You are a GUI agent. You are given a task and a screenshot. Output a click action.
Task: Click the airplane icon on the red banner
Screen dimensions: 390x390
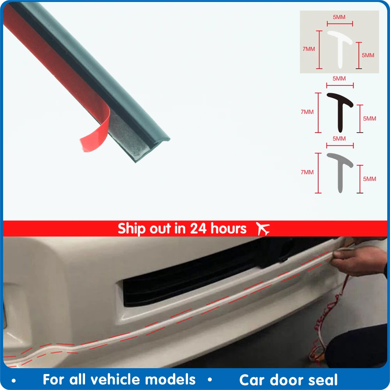coord(263,229)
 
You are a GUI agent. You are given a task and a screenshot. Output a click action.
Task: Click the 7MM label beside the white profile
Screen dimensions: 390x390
coord(309,49)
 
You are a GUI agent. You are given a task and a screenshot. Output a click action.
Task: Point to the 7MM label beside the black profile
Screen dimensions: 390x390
coord(307,112)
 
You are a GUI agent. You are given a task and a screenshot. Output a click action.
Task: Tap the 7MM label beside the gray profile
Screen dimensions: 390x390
coord(307,172)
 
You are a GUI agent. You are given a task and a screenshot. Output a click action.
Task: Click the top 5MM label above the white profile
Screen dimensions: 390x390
coord(339,17)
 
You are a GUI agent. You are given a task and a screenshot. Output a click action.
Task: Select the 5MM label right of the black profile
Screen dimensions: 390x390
coord(370,119)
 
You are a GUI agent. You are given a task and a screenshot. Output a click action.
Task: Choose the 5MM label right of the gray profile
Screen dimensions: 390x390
coord(370,179)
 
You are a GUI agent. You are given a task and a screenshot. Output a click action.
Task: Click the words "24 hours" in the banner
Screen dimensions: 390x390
coord(218,229)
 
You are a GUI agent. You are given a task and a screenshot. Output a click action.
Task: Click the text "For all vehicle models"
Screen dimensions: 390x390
coord(119,379)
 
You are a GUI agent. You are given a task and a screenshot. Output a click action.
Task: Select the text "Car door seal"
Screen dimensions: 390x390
coord(289,379)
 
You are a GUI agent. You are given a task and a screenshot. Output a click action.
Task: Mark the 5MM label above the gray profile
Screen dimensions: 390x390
coord(339,138)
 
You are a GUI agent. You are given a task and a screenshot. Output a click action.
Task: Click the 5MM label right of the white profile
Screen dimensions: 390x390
coord(368,55)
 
